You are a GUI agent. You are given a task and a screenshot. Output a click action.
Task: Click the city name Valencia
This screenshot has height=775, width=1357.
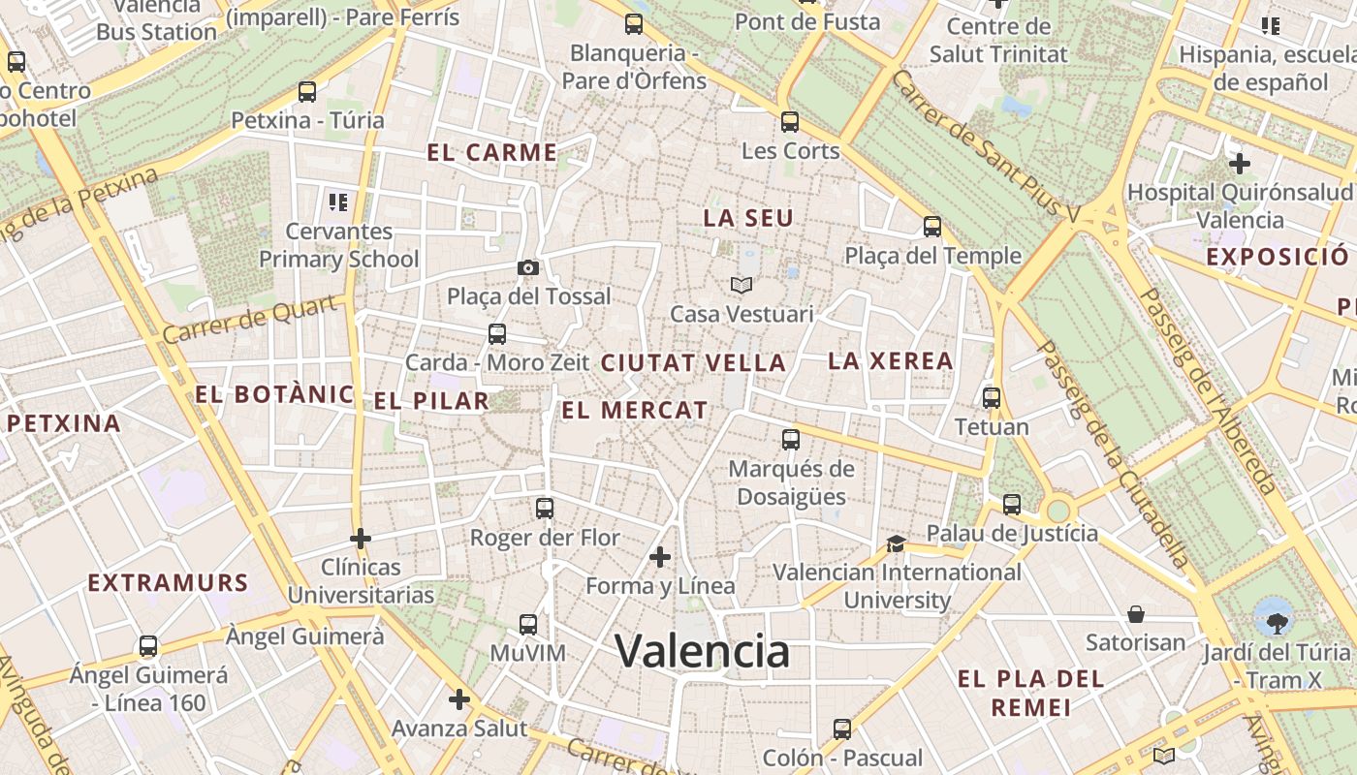pyautogui.click(x=703, y=651)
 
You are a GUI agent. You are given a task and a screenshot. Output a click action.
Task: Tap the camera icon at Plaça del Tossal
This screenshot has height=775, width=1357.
pyautogui.click(x=528, y=267)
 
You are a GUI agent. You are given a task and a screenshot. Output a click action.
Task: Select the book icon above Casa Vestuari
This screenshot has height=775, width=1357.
pyautogui.click(x=742, y=285)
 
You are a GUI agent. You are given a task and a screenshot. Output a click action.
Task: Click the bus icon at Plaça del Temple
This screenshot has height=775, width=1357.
pyautogui.click(x=932, y=227)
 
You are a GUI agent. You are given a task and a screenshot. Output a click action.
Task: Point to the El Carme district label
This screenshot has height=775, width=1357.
pyautogui.click(x=492, y=153)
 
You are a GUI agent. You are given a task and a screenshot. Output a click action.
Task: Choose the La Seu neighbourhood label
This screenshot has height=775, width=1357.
pyautogui.click(x=748, y=219)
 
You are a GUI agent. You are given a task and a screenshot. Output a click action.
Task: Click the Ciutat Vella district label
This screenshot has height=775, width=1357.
pyautogui.click(x=693, y=363)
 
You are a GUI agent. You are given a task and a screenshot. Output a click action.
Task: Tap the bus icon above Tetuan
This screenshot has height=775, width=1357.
pyautogui.click(x=991, y=397)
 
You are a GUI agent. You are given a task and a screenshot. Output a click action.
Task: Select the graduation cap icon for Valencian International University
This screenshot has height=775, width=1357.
pyautogui.click(x=896, y=543)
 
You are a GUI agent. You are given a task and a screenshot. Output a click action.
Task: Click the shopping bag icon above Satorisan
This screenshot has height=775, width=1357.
pyautogui.click(x=1135, y=614)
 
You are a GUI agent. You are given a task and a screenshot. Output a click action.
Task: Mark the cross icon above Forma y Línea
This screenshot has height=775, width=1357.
pyautogui.click(x=660, y=557)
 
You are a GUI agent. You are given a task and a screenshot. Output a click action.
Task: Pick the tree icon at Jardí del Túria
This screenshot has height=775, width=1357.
pyautogui.click(x=1273, y=615)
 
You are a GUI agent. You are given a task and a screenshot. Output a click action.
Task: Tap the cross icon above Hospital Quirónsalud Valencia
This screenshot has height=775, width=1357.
pyautogui.click(x=1239, y=163)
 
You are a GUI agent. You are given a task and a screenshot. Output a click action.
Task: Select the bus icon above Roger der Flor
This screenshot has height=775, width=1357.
pyautogui.click(x=544, y=508)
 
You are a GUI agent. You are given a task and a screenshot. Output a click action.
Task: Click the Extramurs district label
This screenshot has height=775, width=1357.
pyautogui.click(x=169, y=583)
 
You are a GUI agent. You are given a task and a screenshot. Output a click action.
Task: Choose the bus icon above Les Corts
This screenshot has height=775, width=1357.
pyautogui.click(x=790, y=122)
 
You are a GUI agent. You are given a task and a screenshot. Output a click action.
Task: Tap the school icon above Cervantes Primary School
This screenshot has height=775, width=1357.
pyautogui.click(x=338, y=202)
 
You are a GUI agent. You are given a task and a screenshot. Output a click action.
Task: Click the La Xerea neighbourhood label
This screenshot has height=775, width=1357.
pyautogui.click(x=891, y=361)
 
